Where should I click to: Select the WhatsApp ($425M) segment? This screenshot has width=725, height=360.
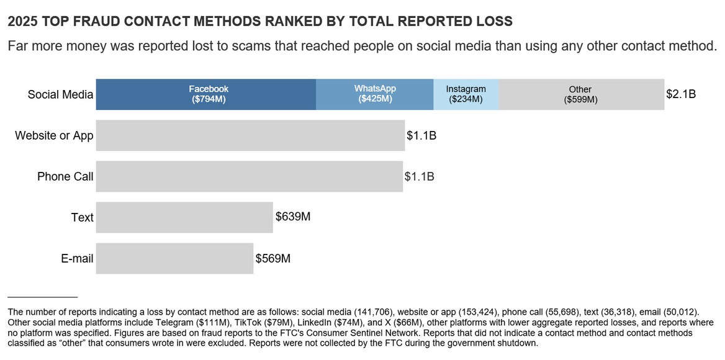(x=374, y=94)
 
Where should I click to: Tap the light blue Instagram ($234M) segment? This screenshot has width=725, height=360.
(x=466, y=94)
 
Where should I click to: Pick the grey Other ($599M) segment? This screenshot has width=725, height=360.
(x=581, y=94)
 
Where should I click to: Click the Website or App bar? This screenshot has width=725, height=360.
(x=250, y=135)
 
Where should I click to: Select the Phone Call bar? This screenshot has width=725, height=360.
(x=249, y=176)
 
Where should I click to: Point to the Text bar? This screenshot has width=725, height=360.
(x=184, y=217)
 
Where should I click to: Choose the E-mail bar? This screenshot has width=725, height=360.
(x=174, y=258)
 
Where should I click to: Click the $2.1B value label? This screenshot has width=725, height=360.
(x=681, y=94)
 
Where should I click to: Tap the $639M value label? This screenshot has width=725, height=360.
(x=293, y=217)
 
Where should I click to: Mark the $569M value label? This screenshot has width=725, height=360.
(x=273, y=258)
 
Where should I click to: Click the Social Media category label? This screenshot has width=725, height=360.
(x=60, y=95)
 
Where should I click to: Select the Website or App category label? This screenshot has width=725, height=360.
(x=54, y=136)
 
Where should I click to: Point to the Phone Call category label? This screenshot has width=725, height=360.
(x=65, y=177)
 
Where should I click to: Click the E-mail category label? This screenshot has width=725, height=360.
(x=77, y=259)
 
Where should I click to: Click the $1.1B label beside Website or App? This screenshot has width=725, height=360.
(x=421, y=135)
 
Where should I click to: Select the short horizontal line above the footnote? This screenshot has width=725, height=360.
(x=42, y=297)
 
